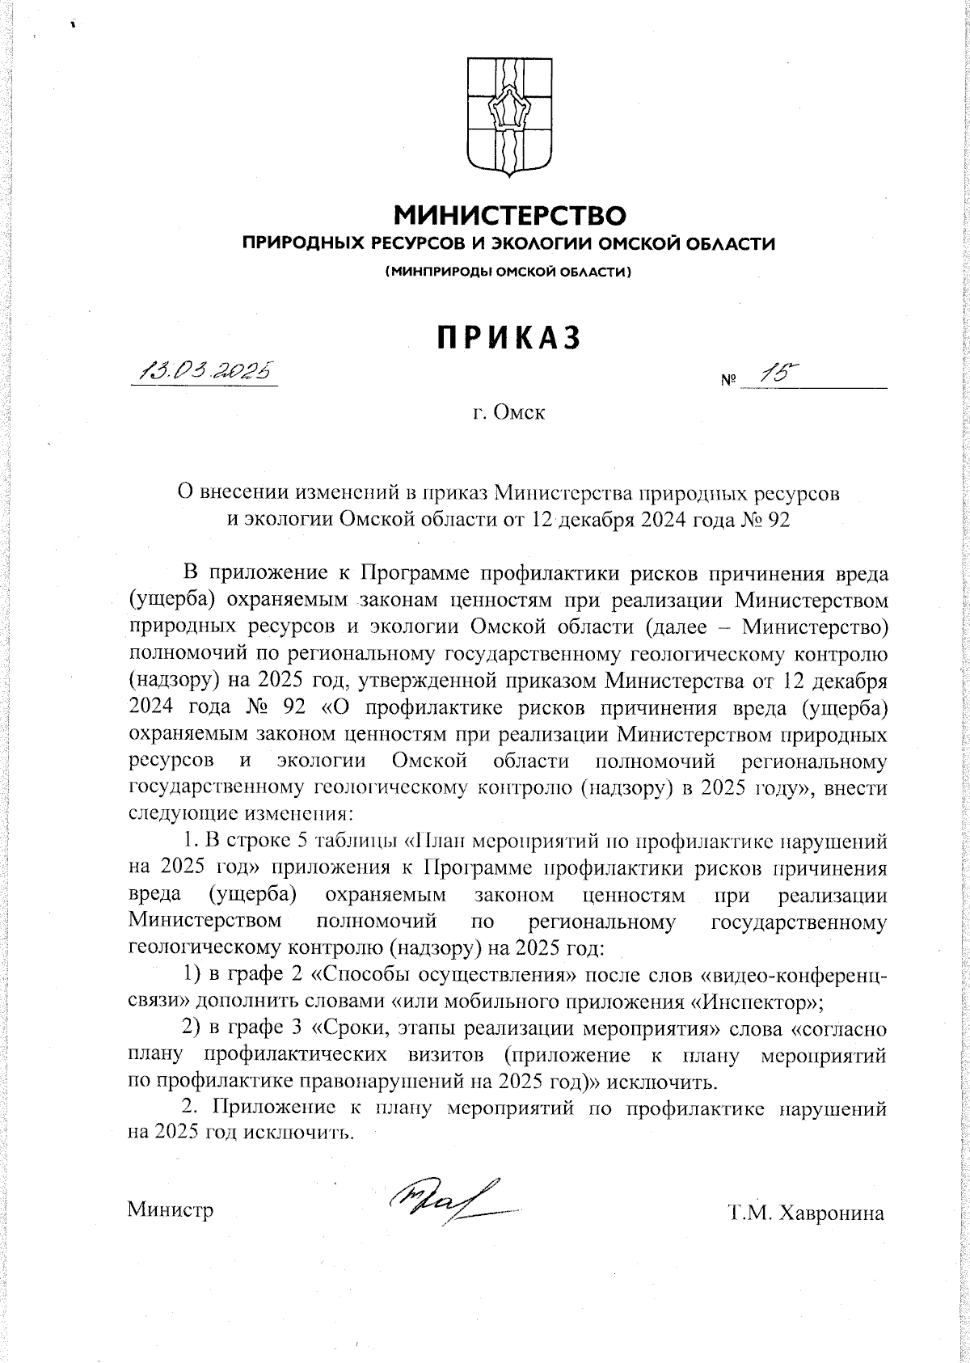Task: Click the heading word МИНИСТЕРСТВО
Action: tap(509, 216)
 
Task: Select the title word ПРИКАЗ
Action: tap(509, 338)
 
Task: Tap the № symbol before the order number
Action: tap(727, 379)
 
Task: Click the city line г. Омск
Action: tap(509, 413)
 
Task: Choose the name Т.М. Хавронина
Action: tap(806, 1213)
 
